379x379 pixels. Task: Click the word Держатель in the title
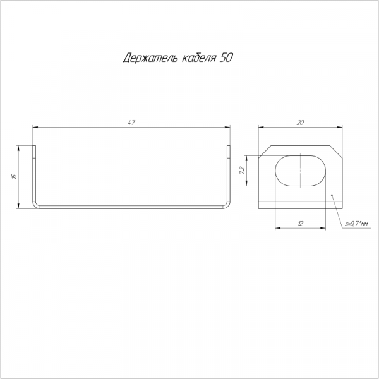[x=150, y=57]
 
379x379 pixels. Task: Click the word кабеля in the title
[x=198, y=57]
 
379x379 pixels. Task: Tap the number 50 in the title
[x=226, y=57]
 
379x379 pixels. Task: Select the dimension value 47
[x=131, y=123]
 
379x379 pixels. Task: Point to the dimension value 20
[x=300, y=123]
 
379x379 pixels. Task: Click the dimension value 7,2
[x=242, y=171]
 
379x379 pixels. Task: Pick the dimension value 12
[x=301, y=224]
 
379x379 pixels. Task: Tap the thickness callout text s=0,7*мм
[x=356, y=224]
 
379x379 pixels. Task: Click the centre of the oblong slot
[x=301, y=171]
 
